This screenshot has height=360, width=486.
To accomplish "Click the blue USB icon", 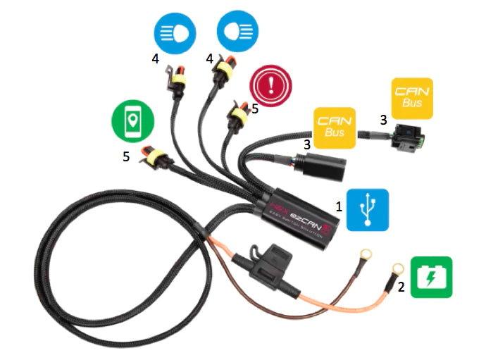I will pos(368,209).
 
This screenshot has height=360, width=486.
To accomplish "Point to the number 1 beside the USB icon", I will pos(339,207).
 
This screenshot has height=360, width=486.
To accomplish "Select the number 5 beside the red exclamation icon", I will pos(255,108).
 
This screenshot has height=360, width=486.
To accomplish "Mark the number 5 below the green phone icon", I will pos(126,156).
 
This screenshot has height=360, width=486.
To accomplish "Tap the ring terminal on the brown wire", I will pos(396,271).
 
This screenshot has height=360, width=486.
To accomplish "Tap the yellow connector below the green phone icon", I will pos(154,156).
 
